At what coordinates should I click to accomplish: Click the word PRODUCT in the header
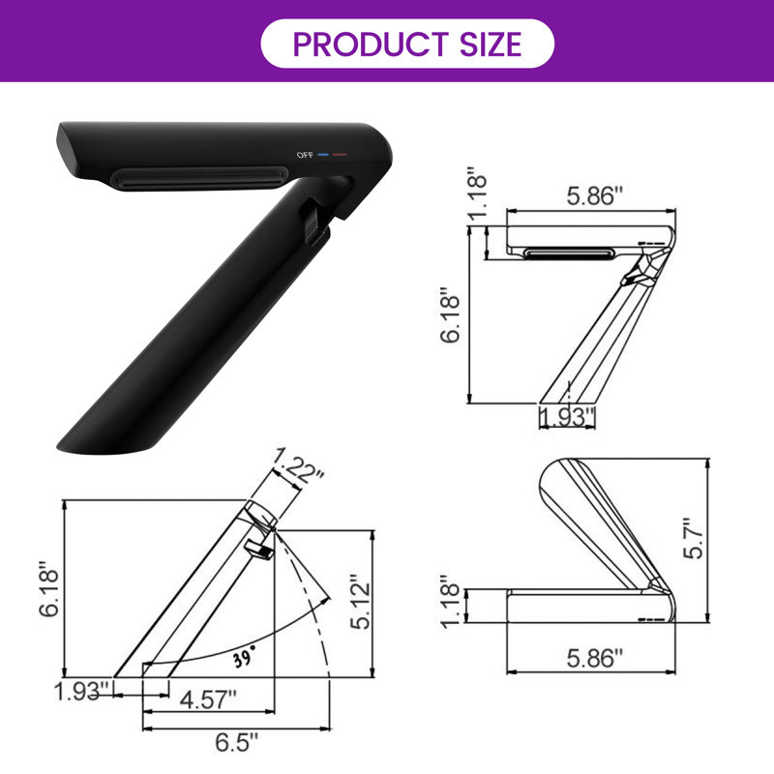371,44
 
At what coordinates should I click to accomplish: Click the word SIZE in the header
491,44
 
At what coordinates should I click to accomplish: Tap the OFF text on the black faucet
305,155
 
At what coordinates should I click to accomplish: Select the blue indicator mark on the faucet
323,155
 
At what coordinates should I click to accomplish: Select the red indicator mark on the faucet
340,155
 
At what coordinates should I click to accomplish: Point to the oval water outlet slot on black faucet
200,178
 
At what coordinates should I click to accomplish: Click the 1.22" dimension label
298,464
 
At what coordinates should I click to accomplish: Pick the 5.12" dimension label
360,602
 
